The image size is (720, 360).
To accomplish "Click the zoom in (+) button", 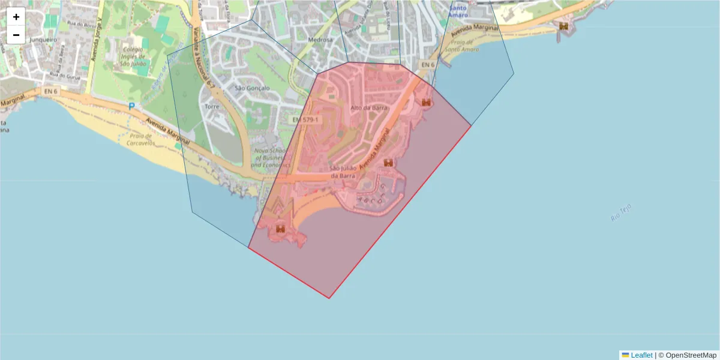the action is [x=16, y=17].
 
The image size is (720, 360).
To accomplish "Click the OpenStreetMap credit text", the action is [x=691, y=355].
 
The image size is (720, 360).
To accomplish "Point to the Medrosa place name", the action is [x=320, y=40].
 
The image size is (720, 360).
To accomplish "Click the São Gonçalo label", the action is [x=252, y=88].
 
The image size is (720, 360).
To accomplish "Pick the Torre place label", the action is [x=212, y=106].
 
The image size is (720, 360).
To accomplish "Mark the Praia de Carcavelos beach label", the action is [x=142, y=140].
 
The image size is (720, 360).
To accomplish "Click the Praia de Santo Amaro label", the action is [x=461, y=46].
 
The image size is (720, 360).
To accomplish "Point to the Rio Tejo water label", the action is [x=621, y=213].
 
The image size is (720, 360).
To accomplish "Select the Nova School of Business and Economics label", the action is [x=271, y=158].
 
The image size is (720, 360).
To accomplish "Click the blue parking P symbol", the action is [x=131, y=106].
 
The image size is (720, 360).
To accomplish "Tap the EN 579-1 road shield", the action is [x=307, y=120].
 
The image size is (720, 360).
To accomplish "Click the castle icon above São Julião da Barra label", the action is [x=388, y=163].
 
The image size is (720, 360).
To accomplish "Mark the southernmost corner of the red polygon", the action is [x=329, y=298].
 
